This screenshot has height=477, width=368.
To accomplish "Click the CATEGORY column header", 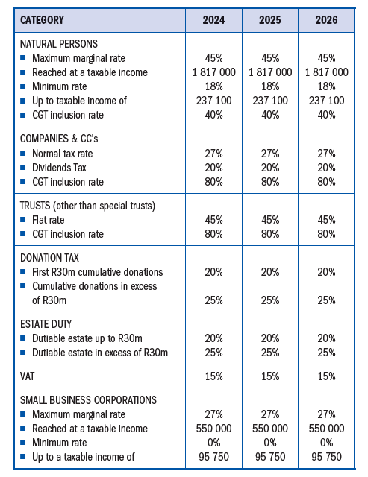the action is [x=42, y=20].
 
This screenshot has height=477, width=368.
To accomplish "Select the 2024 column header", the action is [x=213, y=20].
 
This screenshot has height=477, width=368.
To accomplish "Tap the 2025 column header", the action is [x=270, y=20].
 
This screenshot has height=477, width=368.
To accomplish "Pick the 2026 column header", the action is [x=326, y=20].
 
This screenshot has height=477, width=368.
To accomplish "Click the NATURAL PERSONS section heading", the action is [x=59, y=44].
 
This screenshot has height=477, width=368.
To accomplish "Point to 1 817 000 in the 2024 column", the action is [x=213, y=72].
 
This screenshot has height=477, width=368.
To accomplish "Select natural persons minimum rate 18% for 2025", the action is [x=270, y=86].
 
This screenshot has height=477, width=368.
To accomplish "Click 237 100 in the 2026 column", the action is [x=326, y=101].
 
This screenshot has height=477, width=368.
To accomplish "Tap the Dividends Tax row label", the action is [x=60, y=168].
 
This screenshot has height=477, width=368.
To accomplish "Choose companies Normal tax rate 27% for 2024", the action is [x=213, y=154].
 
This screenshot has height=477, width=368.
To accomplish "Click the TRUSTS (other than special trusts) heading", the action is [x=88, y=206].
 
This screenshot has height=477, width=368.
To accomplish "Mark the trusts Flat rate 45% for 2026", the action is [x=326, y=220].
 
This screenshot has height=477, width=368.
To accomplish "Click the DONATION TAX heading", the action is [x=49, y=258].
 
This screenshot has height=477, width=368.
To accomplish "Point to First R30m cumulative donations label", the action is [x=98, y=272].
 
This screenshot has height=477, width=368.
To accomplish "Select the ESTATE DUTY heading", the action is [x=46, y=324].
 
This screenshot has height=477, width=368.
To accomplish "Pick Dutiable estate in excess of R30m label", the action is [x=100, y=353].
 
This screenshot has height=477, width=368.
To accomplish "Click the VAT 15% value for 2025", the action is [x=270, y=376].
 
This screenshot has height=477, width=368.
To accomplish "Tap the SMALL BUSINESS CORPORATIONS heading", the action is [x=88, y=400].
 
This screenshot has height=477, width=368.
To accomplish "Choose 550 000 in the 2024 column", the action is [x=213, y=429].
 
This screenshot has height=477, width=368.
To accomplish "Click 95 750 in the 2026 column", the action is [x=326, y=457].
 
